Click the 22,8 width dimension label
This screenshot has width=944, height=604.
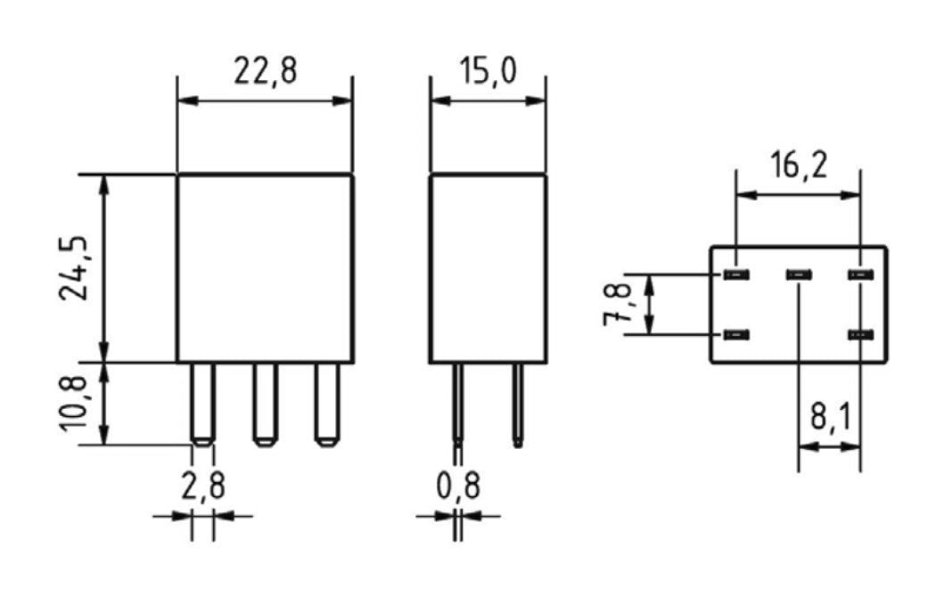(x=265, y=71)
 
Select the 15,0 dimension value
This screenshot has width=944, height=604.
(x=488, y=71)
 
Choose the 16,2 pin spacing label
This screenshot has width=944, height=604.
(x=798, y=166)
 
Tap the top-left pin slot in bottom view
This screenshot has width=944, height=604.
(x=735, y=274)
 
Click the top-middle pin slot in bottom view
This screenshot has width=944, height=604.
(x=798, y=274)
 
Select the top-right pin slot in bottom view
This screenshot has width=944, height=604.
(x=859, y=274)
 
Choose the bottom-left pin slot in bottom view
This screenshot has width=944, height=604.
(x=735, y=335)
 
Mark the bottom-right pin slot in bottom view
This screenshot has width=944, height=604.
(x=859, y=335)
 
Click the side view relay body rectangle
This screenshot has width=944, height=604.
(x=488, y=268)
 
